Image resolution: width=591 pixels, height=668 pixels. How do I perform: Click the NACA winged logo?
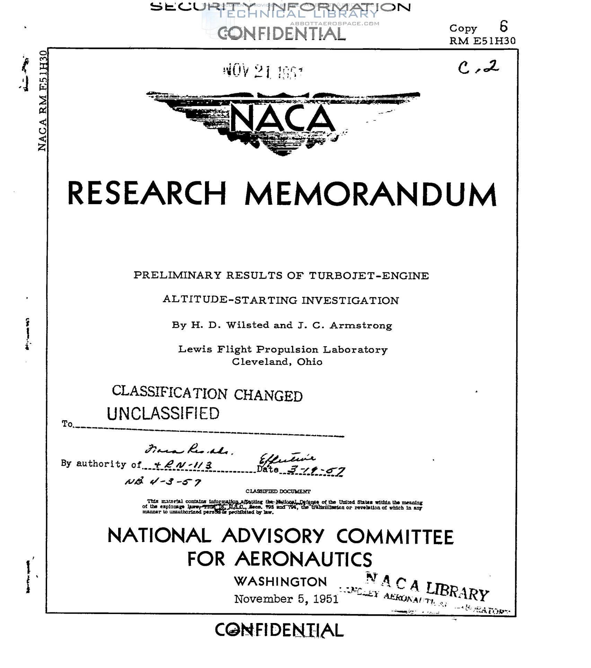[282, 121]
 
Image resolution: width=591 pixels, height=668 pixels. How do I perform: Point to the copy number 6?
[503, 26]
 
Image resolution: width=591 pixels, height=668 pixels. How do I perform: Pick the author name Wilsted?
[247, 325]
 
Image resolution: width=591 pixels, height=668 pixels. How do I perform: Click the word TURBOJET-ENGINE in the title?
[369, 276]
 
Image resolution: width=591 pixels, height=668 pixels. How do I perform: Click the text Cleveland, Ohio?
[277, 362]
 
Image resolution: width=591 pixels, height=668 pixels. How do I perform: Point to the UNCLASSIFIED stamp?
[163, 413]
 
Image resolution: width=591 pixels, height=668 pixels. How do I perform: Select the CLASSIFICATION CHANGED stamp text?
[207, 394]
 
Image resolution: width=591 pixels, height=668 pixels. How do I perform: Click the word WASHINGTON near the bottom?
[280, 582]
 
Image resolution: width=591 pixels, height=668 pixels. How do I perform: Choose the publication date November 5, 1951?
[286, 599]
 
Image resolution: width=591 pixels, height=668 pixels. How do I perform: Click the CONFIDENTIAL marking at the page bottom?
[279, 630]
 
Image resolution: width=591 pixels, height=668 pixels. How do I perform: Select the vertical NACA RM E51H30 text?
[42, 101]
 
